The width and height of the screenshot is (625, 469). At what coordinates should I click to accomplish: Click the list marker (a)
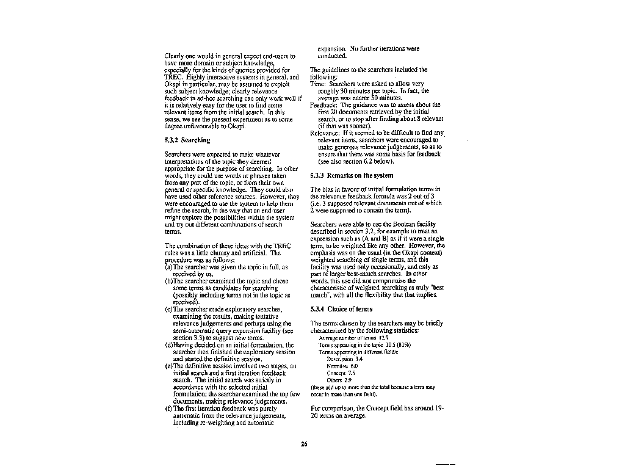coord(168,267)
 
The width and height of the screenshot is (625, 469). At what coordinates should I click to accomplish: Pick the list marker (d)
coord(169,345)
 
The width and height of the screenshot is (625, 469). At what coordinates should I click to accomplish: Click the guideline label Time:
coord(318,84)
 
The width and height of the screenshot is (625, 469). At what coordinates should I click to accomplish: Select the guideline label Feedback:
coord(323,104)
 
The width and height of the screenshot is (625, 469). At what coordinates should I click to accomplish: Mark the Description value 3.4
coord(358,359)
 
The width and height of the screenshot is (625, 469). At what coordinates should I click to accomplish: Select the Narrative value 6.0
coord(354,366)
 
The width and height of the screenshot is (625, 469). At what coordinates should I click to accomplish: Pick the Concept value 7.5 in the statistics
coord(351,373)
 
